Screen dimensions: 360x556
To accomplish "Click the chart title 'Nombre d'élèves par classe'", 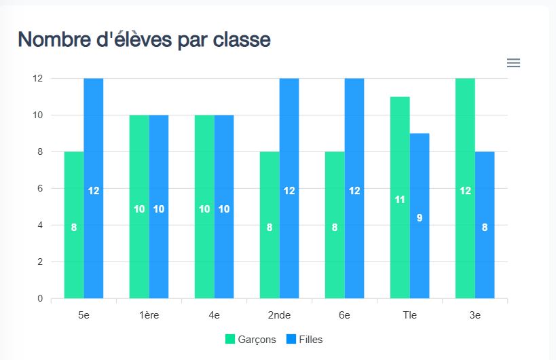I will pyautogui.click(x=144, y=39).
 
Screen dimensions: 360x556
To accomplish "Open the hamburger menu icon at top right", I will pyautogui.click(x=514, y=63).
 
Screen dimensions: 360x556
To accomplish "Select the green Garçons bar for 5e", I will pyautogui.click(x=74, y=224).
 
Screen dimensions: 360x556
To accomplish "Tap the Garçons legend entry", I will pyautogui.click(x=251, y=339).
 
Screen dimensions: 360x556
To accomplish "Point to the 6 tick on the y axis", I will pyautogui.click(x=38, y=188).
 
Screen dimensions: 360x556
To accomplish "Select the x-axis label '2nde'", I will pyautogui.click(x=279, y=315).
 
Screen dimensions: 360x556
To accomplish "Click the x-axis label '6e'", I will pyautogui.click(x=344, y=315).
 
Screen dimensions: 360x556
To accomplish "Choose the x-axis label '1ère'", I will pyautogui.click(x=149, y=315).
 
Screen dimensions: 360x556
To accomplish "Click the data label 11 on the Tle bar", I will pyautogui.click(x=400, y=200).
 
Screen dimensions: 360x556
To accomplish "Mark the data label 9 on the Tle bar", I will pyautogui.click(x=420, y=218).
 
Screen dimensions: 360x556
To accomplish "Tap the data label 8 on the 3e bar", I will pyautogui.click(x=485, y=228).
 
